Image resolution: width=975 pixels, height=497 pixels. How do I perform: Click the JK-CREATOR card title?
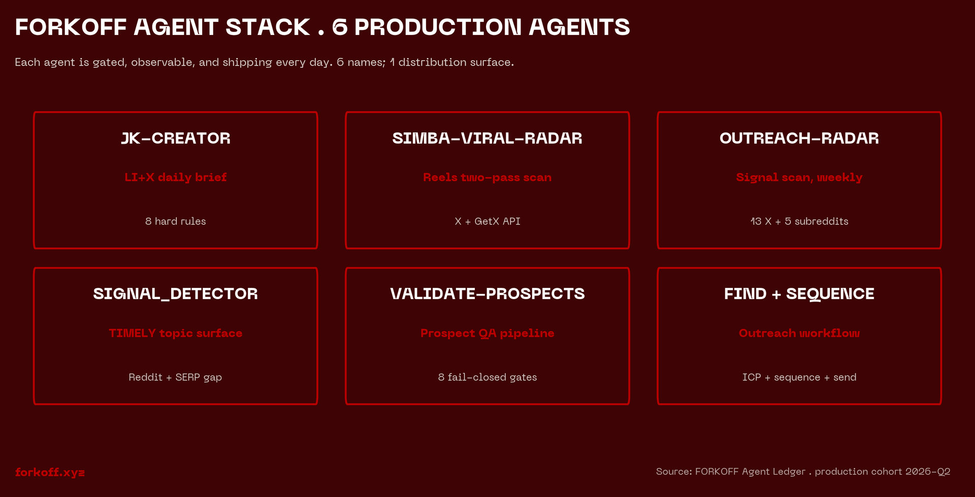[x=175, y=138]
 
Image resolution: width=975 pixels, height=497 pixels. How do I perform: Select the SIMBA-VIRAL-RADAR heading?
[x=487, y=138]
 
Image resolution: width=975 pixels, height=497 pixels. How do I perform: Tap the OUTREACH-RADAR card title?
[x=799, y=138]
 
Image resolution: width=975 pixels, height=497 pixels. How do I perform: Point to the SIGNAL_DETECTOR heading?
[x=175, y=294]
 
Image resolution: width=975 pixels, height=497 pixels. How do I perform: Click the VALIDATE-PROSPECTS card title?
[x=487, y=294]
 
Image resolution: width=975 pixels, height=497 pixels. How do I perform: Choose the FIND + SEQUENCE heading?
[x=799, y=294]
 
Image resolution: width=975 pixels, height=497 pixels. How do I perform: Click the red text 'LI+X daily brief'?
[x=175, y=177]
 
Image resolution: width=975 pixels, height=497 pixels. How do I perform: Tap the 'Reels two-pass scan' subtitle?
[x=487, y=177]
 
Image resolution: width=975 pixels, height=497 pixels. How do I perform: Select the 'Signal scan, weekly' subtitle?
[x=799, y=177]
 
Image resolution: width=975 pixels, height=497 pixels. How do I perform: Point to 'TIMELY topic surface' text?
[x=175, y=333]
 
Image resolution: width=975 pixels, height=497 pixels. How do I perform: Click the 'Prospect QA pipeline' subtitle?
[x=487, y=333]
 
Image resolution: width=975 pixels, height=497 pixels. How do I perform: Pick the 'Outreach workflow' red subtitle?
[x=799, y=333]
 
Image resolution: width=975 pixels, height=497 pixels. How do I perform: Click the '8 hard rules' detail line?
[x=175, y=221]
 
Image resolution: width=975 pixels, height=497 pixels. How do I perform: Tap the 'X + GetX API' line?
[x=487, y=221]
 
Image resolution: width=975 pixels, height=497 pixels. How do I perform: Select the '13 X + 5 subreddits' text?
[x=799, y=221]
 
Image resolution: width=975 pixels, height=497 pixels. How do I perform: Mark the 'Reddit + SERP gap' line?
[x=175, y=377]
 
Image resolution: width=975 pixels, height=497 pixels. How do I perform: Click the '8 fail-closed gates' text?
[x=487, y=377]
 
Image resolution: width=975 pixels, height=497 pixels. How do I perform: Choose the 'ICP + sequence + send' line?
[x=799, y=377]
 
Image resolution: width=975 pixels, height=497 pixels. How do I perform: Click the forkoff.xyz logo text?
[x=50, y=472]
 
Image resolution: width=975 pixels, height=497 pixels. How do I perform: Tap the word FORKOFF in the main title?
[x=71, y=27]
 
